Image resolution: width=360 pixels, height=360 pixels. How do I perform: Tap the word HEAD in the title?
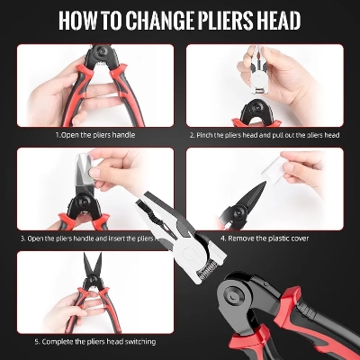tap(276, 20)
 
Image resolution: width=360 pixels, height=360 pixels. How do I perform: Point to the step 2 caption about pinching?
tap(265, 135)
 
